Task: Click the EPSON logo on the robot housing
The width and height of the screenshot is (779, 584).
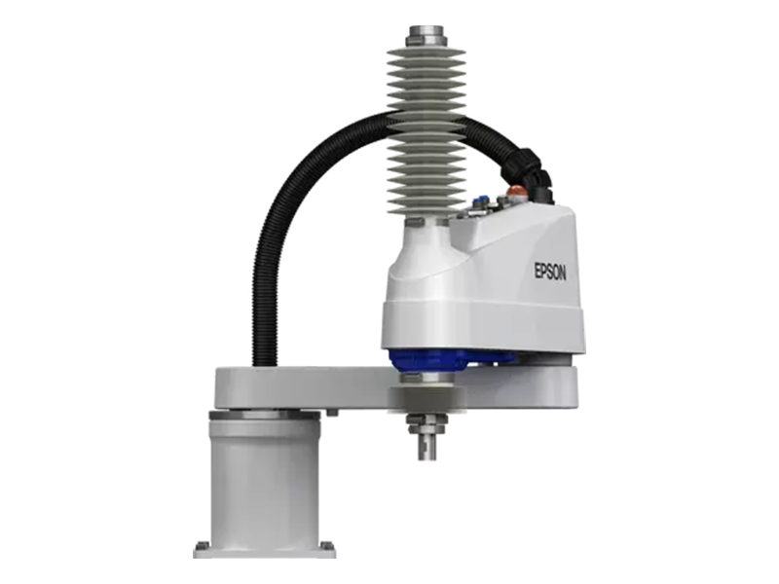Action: pos(549,272)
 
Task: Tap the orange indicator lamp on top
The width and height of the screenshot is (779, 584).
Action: pos(515,192)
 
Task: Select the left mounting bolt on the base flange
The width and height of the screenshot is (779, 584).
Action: pos(202,545)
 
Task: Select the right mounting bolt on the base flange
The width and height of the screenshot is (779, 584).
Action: pos(325,545)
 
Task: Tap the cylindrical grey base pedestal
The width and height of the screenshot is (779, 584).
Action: pos(263,477)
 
